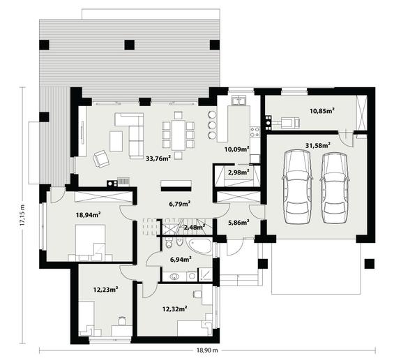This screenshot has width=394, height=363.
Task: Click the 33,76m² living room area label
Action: tap(158, 158)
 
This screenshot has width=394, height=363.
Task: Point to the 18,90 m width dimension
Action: tap(207, 350)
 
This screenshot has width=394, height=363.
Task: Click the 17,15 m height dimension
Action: tap(22, 214)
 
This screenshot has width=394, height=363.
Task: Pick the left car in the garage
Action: tap(298, 186)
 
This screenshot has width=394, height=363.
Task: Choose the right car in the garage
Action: tap(335, 188)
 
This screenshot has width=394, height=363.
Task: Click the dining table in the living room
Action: tap(179, 135)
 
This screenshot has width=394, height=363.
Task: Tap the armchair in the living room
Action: tap(101, 158)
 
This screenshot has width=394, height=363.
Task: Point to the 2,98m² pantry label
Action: tap(238, 172)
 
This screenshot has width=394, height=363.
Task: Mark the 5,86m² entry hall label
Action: tap(238, 223)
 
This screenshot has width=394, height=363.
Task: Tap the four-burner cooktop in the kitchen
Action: tap(255, 131)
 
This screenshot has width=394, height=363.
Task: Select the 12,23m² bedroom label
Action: tap(106, 290)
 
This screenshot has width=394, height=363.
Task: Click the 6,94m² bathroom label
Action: tap(181, 259)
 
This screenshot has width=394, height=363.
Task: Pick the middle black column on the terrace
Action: tap(130, 45)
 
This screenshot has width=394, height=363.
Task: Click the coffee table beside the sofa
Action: tap(116, 142)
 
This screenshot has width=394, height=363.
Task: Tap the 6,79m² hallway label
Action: tap(179, 204)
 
